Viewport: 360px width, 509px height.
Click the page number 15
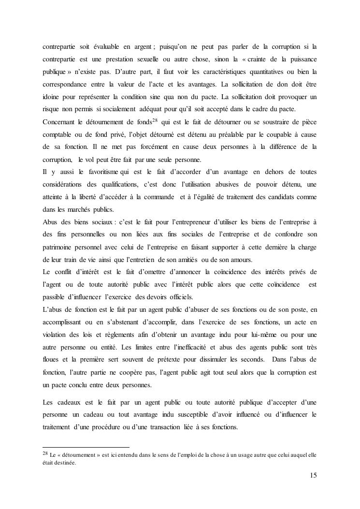[x=313, y=475]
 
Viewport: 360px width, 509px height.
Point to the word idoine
[x=51, y=97]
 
